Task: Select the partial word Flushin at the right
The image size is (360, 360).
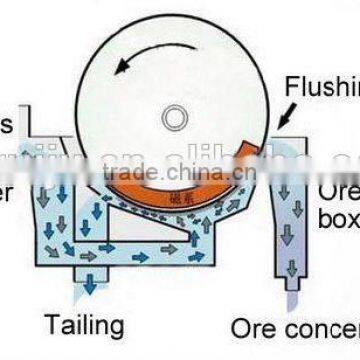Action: (323, 85)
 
